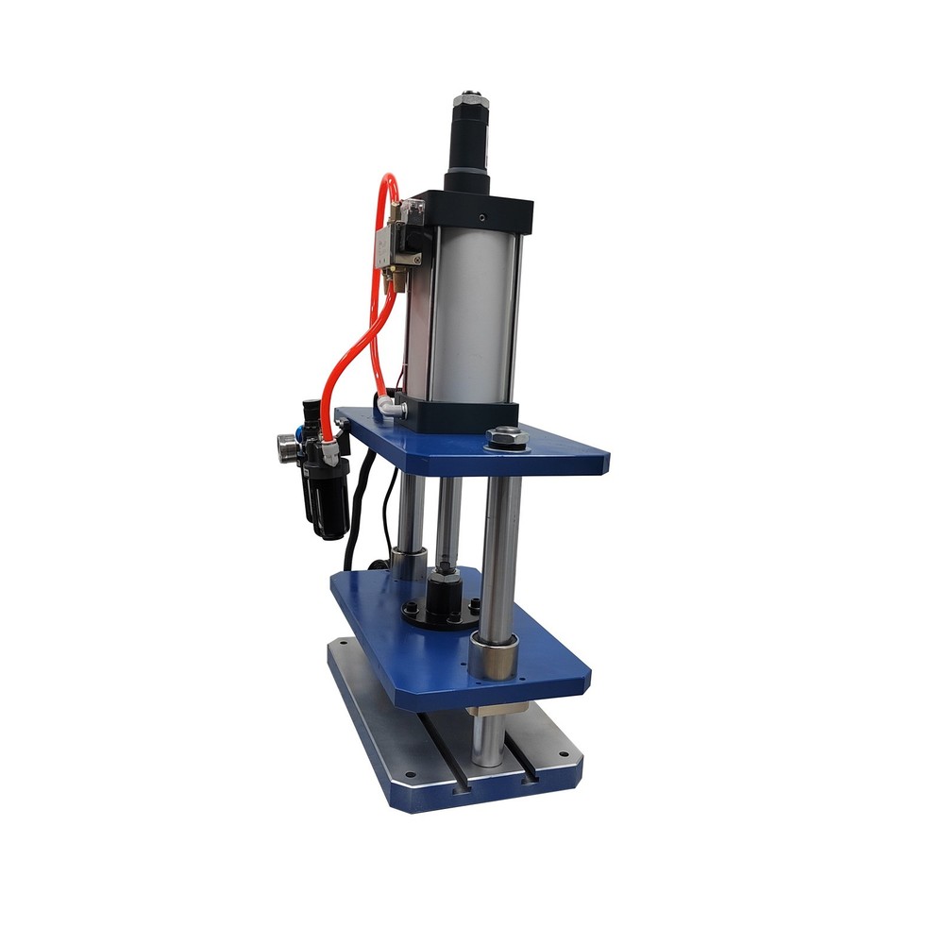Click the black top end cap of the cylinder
tap(481, 210)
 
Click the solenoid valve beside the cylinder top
tap(396, 242)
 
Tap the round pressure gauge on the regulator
tap(284, 444)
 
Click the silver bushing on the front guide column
tap(495, 654)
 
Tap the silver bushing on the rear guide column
tap(409, 565)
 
